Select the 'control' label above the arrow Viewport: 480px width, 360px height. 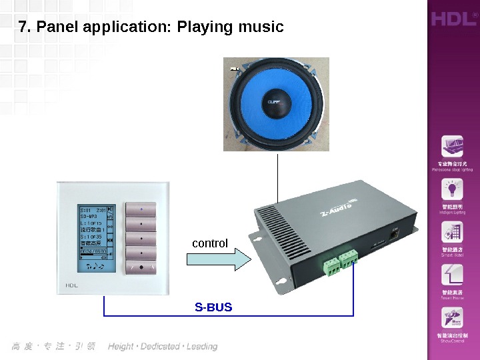(210, 244)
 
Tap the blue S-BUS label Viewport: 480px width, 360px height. (213, 307)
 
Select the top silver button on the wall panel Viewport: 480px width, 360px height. (141, 209)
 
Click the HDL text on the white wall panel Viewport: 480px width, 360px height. (72, 285)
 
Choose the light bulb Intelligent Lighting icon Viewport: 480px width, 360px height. (452, 191)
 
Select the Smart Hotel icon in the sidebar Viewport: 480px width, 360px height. (452, 233)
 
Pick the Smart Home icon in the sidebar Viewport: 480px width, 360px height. (452, 275)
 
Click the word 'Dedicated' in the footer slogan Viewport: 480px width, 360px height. (161, 347)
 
